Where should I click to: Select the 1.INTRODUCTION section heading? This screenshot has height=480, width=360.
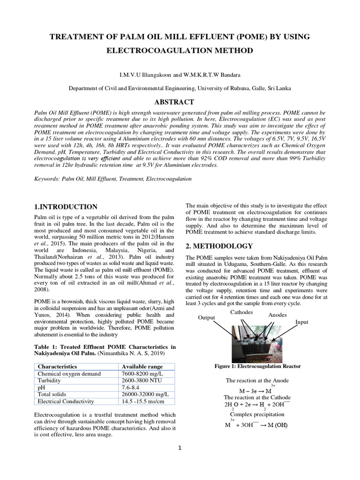(x=66, y=207)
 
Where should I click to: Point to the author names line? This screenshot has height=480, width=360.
(x=180, y=75)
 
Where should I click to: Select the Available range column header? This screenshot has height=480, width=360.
(x=142, y=366)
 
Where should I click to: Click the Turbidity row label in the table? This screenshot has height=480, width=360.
(x=49, y=380)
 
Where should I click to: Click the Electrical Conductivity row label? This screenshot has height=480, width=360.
(x=66, y=401)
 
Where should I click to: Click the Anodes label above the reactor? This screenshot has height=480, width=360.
(x=277, y=315)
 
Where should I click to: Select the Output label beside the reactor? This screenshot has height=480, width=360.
(x=206, y=317)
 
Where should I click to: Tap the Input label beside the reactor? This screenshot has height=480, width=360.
(x=302, y=322)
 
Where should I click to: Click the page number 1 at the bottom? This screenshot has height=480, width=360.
(x=180, y=448)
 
